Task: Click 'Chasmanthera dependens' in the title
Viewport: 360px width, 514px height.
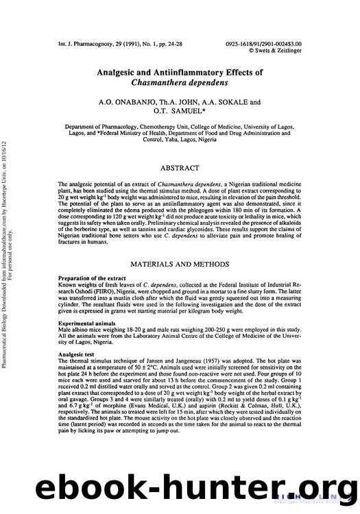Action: pyautogui.click(x=180, y=83)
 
